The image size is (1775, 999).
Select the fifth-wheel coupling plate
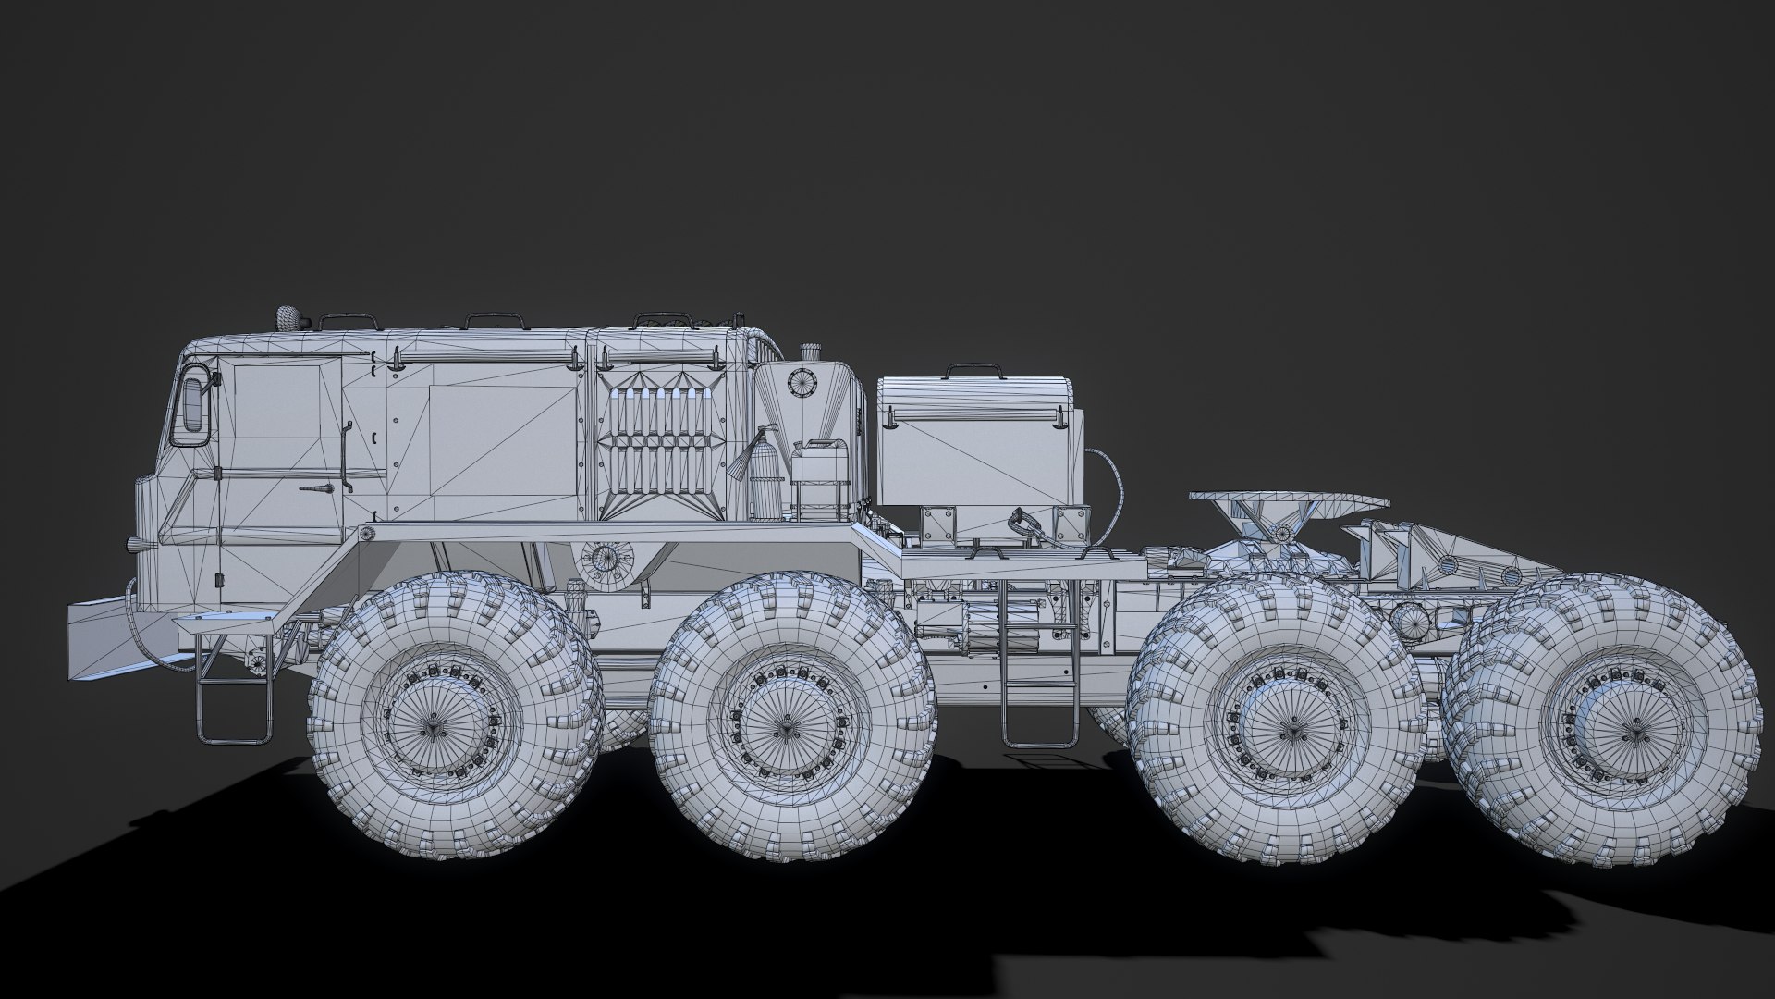(1289, 501)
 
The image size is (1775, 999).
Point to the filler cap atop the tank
(811, 351)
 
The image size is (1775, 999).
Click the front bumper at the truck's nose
(102, 638)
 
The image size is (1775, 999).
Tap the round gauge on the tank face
(799, 382)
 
